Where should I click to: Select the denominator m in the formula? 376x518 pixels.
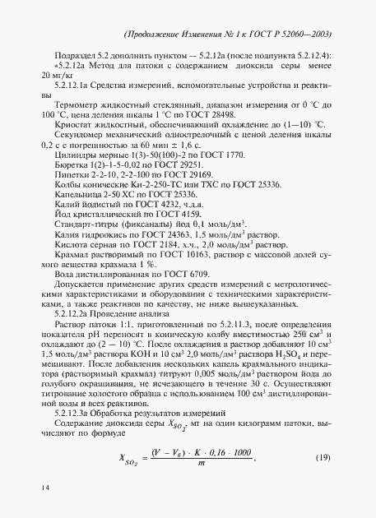click(222, 466)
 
